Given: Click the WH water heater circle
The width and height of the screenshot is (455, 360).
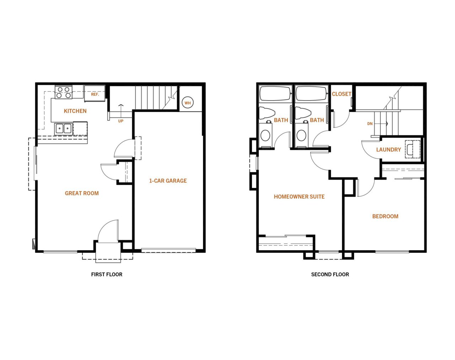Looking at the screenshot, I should coord(188,103).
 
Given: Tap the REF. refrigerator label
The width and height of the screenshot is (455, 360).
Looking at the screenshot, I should coord(95,94).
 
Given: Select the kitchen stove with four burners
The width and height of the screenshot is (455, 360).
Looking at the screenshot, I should coord(64,92).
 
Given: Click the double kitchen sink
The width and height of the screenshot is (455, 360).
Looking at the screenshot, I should coord(64,128).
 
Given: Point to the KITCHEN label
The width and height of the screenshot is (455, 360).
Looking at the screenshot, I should coord(75,111).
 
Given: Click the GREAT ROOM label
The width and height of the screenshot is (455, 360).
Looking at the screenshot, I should coord(82,193).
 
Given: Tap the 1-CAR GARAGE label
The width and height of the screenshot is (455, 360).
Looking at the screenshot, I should coord(168,181).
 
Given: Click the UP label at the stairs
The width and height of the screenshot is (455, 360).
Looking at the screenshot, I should coord(121,121).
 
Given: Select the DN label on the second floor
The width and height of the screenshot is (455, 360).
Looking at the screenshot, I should coord(370,124).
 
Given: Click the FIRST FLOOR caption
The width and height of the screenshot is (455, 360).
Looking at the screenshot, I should coord(107,274).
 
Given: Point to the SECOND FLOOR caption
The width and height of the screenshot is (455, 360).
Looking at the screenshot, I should coord(330,274).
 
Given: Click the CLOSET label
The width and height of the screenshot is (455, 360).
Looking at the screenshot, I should coord(342,94).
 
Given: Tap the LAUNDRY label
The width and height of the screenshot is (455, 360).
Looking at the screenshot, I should coord(389,150).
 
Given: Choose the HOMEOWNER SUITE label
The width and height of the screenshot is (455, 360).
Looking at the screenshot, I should coord(299,197).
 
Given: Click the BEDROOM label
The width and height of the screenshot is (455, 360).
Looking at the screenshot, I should coord(385,216).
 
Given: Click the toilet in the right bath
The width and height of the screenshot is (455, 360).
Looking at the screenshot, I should coord(303,113).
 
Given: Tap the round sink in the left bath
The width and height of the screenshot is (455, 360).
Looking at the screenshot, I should coord(266,135).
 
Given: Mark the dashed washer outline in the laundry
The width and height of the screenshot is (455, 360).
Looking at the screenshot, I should coord(412,149).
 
